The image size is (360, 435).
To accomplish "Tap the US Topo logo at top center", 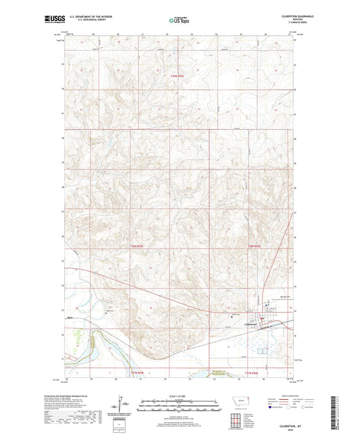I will (x=177, y=21).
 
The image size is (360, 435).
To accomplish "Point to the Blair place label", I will (x=70, y=313).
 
